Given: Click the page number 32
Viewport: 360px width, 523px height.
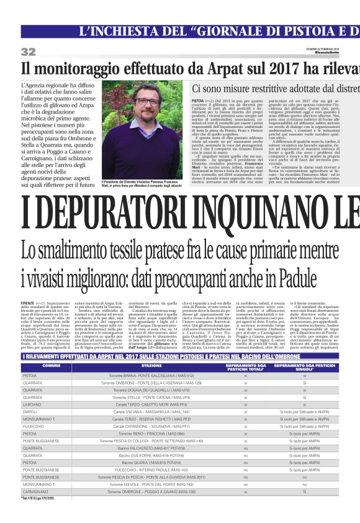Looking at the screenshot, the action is coord(28,52).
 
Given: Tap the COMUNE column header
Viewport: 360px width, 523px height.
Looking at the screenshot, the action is coord(50,366).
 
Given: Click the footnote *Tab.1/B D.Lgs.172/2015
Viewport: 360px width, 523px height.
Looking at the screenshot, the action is coord(37,498).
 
